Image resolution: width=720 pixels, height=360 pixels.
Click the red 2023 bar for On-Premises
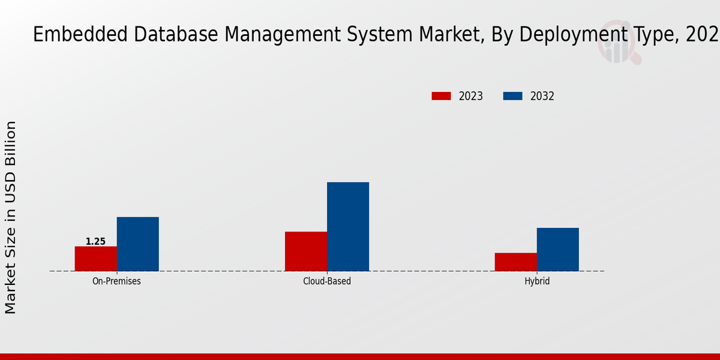(x=96, y=259)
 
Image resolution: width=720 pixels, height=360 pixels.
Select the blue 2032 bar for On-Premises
(x=138, y=244)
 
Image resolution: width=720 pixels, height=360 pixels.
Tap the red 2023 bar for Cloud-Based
(x=306, y=251)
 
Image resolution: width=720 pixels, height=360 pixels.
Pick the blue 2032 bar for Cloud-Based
(x=348, y=226)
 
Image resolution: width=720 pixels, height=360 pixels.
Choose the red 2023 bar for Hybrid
(x=516, y=262)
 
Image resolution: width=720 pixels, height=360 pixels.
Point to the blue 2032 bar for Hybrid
(x=558, y=249)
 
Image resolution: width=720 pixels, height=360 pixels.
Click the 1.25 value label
(x=95, y=241)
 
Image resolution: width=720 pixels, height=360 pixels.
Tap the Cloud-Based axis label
(x=327, y=281)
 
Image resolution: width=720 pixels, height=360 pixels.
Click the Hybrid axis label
(x=537, y=281)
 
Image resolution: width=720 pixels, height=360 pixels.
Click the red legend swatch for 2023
(x=441, y=96)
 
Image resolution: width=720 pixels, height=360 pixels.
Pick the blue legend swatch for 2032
(x=512, y=96)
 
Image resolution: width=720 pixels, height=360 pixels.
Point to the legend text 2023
(x=471, y=96)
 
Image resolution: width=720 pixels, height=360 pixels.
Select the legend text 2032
(x=542, y=96)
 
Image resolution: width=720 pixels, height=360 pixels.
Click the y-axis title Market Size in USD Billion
(x=11, y=217)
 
